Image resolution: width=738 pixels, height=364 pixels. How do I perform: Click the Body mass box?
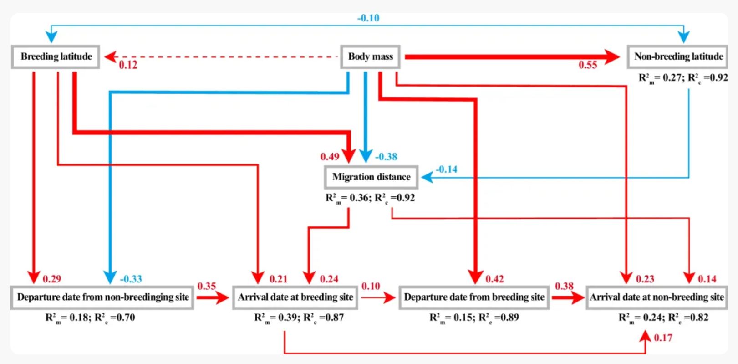[x=370, y=57]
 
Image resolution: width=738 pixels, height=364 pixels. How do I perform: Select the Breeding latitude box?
[x=56, y=57]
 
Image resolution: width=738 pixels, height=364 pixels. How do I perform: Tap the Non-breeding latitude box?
[x=678, y=57]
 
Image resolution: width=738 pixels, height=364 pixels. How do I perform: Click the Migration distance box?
[x=371, y=177]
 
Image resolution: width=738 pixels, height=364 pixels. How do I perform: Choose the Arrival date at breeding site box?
[x=295, y=297]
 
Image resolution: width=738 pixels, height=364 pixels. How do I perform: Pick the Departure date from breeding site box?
[x=473, y=297]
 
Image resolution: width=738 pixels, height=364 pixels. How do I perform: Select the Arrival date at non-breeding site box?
[x=657, y=297]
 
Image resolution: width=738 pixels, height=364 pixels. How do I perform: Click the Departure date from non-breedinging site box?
[x=102, y=297]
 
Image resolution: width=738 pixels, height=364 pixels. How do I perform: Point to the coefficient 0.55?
[x=588, y=65]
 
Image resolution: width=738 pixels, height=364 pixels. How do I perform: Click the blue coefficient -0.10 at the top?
[x=368, y=18]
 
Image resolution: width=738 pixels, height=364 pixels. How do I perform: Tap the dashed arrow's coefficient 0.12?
[x=128, y=65]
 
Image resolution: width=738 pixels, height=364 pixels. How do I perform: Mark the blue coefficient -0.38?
[x=386, y=157]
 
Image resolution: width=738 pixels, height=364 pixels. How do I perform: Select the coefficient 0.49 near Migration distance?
[x=330, y=157]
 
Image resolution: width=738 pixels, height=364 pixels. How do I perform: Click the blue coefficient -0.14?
[x=446, y=169]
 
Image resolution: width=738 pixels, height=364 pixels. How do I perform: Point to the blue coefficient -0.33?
[x=131, y=279]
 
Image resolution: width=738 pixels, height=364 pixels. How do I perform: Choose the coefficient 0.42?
[x=494, y=279]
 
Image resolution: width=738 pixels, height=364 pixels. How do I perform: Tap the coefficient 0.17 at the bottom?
[x=663, y=338]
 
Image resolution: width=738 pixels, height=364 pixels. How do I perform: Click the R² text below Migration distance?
[x=370, y=198]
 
